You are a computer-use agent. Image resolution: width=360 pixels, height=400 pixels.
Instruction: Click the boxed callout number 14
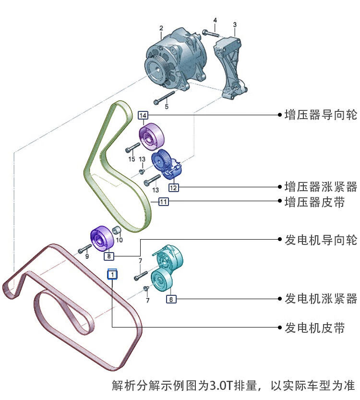tap(143, 115)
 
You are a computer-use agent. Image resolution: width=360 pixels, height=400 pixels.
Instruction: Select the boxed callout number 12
tap(173, 188)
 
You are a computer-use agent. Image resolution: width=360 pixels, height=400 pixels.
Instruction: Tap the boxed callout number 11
tap(163, 202)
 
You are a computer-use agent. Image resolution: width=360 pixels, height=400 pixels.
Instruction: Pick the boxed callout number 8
tap(109, 256)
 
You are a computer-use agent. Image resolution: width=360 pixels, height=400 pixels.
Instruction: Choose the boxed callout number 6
tap(171, 299)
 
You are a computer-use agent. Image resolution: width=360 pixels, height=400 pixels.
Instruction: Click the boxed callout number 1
tap(112, 274)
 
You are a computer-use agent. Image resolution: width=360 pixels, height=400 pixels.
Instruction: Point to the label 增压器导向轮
tap(321, 115)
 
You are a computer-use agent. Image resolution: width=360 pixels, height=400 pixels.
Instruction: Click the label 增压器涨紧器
tap(321, 187)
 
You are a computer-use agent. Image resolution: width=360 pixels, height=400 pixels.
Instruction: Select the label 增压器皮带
tap(314, 202)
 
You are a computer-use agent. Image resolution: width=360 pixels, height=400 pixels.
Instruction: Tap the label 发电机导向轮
tap(321, 240)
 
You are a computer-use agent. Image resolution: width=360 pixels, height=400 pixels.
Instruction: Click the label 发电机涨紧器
tap(321, 299)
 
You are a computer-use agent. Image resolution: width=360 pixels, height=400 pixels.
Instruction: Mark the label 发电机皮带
tap(314, 327)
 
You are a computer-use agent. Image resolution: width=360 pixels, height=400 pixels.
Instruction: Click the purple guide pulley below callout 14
tap(152, 136)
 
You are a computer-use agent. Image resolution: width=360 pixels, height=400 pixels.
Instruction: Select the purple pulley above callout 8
tap(102, 239)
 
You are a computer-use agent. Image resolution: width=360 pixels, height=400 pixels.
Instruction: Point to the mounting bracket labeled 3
tap(230, 68)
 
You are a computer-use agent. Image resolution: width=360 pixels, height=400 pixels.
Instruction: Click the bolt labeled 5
tap(164, 97)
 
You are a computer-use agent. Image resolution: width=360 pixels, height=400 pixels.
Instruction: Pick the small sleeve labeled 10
tap(116, 230)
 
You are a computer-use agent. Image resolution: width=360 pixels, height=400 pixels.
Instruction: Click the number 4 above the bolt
tap(215, 20)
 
